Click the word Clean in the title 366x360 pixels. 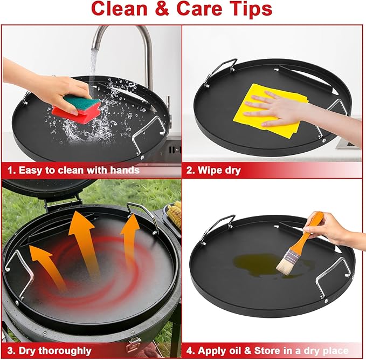click(119, 9)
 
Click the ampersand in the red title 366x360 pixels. click(162, 9)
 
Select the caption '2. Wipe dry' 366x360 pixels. click(213, 170)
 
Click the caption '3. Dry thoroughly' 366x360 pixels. click(49, 351)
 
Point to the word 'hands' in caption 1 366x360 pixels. click(125, 170)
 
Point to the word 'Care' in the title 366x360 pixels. click(199, 9)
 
